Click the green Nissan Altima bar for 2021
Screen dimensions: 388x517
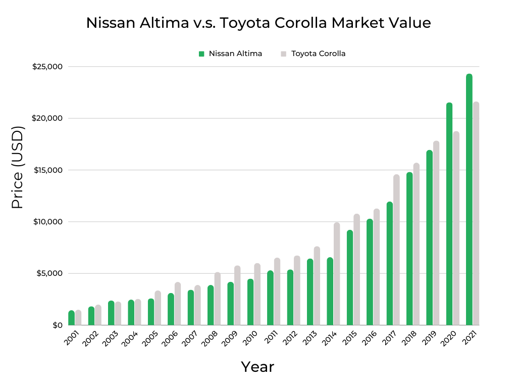tap(469, 200)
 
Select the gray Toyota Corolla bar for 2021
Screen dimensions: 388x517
tap(476, 213)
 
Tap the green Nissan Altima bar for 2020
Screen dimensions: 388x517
tap(449, 214)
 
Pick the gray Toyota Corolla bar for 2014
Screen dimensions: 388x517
tap(337, 274)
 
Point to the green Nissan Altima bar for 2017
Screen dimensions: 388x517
tap(390, 263)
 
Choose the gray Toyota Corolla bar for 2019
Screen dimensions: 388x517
tap(436, 233)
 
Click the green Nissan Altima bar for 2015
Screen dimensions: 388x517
tap(350, 277)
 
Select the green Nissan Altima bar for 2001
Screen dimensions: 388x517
tap(72, 318)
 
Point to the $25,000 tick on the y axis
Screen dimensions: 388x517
tap(47, 67)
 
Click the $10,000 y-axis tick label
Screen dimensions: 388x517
tap(47, 222)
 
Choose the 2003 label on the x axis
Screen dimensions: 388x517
tap(111, 338)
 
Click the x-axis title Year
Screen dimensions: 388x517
tap(257, 367)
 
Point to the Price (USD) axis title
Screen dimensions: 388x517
tap(18, 168)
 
